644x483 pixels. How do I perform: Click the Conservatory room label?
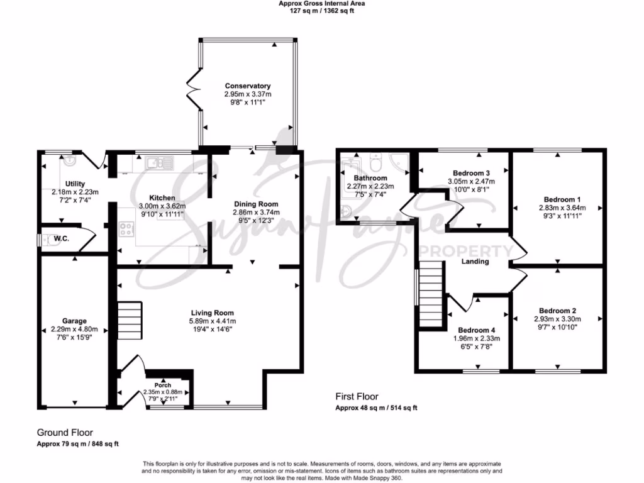248,86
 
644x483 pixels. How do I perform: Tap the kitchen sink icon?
155,164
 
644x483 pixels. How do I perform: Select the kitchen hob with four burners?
126,230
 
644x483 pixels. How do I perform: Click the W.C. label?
61,238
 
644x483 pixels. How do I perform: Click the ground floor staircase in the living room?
129,320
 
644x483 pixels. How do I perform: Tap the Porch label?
162,385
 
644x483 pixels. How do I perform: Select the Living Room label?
213,313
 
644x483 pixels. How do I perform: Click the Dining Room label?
256,204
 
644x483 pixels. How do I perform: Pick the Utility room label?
75,184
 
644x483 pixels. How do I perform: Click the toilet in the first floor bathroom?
376,165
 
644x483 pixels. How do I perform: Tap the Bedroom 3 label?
471,173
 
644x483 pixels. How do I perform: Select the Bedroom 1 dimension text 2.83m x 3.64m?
562,208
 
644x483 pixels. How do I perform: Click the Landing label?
475,261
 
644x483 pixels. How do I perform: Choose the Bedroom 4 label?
476,330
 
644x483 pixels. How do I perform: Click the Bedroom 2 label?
557,311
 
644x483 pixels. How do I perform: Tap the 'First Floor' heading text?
357,397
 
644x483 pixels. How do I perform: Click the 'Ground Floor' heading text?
65,433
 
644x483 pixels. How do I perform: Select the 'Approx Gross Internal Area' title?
321,3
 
